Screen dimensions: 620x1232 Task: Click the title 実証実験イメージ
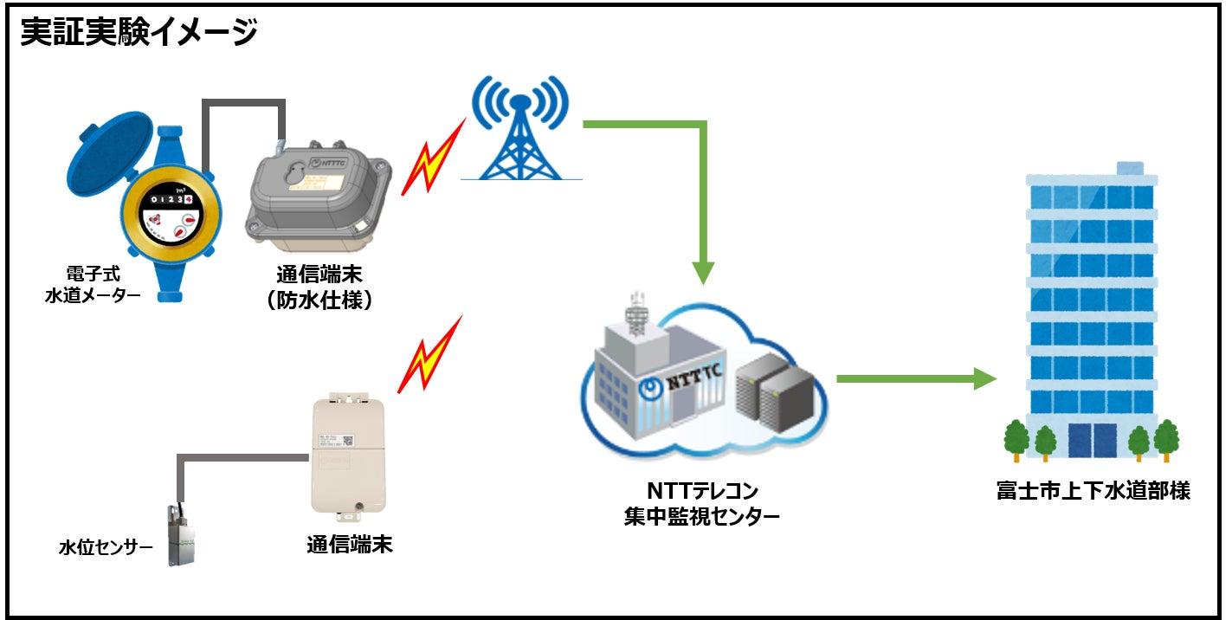pos(139,32)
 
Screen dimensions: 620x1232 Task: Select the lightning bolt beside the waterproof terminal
pos(427,165)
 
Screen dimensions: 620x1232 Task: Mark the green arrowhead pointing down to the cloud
pos(704,271)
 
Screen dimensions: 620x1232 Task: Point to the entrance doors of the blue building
pos(1092,439)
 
